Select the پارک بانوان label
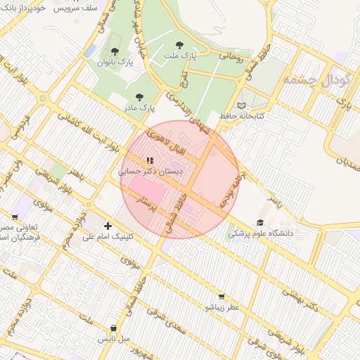click(115, 63)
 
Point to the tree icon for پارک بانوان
click(115, 51)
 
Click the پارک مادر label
click(139, 108)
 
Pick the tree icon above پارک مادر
click(139, 97)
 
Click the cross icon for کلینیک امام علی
click(108, 226)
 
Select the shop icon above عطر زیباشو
click(222, 297)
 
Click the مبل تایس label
click(114, 339)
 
